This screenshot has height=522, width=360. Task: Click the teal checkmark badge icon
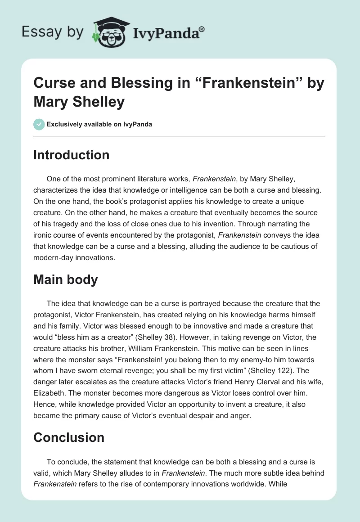[39, 124]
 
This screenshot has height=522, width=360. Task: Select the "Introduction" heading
[71, 155]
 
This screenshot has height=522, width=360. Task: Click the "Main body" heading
[66, 279]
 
